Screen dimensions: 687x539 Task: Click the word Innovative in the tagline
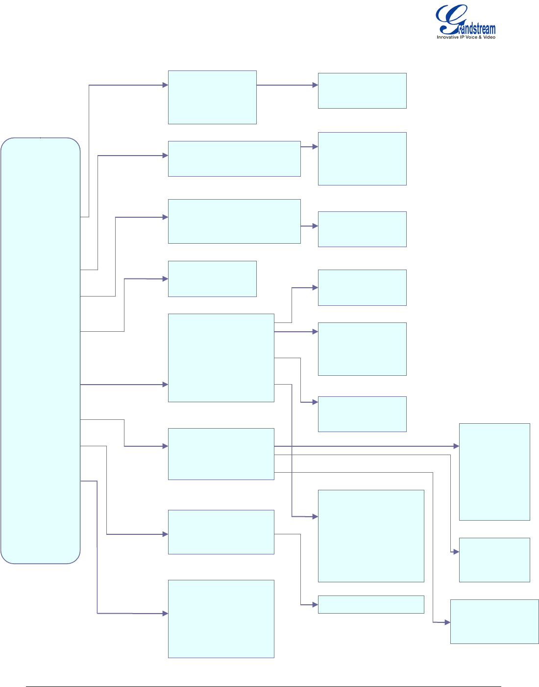447,37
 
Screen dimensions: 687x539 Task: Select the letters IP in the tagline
462,37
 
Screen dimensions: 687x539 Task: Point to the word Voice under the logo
470,37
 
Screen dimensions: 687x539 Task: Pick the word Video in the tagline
489,37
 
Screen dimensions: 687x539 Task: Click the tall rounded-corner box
40,350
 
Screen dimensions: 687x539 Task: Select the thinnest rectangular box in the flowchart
371,604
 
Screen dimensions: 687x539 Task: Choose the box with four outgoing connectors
221,358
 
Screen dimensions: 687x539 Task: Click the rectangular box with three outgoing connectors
221,454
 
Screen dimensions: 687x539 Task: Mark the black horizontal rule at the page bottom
263,687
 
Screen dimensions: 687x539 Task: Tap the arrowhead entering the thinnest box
316,605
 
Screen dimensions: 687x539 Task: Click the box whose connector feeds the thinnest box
221,532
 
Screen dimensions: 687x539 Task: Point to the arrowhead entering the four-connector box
165,385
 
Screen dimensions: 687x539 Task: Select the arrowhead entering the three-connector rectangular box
165,446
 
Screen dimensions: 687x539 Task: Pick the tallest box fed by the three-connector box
494,472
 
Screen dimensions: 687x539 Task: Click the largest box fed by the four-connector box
371,536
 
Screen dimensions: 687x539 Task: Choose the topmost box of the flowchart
212,97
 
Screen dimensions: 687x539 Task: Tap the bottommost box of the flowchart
221,618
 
